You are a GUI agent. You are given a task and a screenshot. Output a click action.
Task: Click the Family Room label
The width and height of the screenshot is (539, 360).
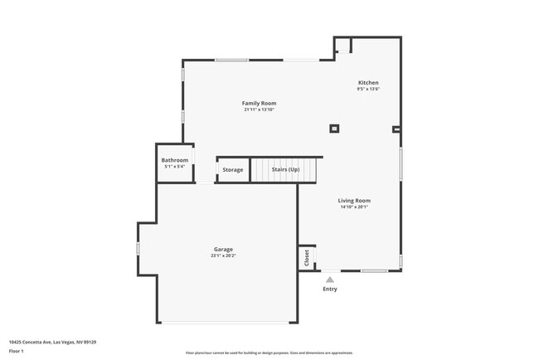tap(259, 103)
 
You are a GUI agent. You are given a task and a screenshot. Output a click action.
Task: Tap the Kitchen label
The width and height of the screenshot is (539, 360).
tap(368, 83)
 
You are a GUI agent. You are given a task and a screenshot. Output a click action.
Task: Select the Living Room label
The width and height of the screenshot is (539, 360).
tap(354, 200)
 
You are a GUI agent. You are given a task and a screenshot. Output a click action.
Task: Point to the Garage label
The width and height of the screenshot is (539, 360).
tap(223, 249)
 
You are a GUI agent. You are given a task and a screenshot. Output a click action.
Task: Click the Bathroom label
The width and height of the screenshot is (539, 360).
tap(174, 160)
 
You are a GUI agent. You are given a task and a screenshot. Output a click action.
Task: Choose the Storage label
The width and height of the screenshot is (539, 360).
tap(233, 170)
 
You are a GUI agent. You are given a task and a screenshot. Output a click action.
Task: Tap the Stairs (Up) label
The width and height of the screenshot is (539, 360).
tap(286, 170)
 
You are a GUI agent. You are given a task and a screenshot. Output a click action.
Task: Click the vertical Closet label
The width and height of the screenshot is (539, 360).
tap(307, 257)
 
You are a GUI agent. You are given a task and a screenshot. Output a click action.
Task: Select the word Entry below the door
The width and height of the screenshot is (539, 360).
tap(330, 289)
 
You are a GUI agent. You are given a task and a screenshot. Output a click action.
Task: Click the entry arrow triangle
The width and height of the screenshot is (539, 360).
tap(330, 280)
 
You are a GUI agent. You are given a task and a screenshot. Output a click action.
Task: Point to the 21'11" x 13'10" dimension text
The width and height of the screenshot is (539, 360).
tap(259, 109)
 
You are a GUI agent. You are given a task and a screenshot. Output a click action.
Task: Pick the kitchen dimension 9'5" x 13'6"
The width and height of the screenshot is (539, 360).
tap(368, 90)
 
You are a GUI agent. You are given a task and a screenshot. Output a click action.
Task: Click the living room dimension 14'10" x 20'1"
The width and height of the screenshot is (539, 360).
tap(354, 207)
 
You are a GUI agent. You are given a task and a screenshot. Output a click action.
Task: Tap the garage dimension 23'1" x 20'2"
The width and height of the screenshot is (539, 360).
tap(223, 255)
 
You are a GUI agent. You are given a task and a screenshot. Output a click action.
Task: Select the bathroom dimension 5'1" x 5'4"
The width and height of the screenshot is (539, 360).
tap(174, 167)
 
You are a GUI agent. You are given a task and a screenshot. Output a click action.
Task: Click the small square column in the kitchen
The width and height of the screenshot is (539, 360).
tap(334, 129)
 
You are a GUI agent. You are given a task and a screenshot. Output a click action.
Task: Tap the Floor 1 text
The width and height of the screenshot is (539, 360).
tap(17, 351)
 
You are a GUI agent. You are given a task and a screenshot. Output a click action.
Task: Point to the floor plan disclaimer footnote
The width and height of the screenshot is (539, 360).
tap(269, 353)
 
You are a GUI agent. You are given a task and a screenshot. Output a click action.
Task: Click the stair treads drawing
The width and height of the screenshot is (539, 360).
tap(284, 171)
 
